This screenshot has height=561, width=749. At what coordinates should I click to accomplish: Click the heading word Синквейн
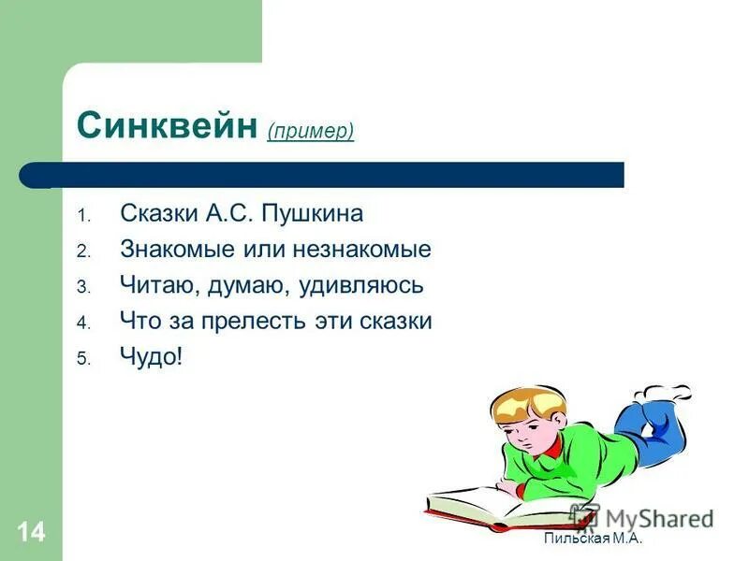point(166,126)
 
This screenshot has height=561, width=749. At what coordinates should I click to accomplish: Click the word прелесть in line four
point(251,321)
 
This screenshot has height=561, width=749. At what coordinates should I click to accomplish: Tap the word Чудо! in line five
point(151,356)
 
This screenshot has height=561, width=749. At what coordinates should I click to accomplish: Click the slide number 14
point(29,533)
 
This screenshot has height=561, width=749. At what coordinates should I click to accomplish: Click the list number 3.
point(82,287)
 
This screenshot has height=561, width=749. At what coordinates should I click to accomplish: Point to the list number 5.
point(82,358)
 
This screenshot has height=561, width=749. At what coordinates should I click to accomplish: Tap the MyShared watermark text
point(655,518)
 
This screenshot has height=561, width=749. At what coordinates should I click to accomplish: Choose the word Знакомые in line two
point(169,250)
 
